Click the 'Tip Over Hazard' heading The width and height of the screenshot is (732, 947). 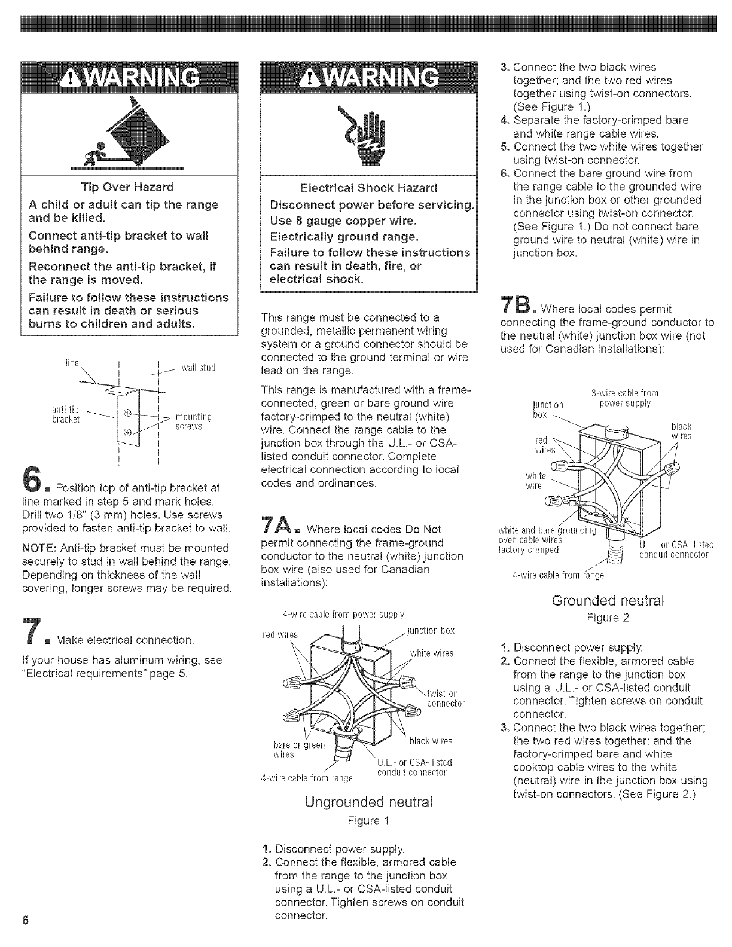[129, 187]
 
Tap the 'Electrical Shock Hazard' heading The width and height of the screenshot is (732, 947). [368, 188]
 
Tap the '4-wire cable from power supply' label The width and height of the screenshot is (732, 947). [343, 614]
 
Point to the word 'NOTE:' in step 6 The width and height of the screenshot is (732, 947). [38, 548]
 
